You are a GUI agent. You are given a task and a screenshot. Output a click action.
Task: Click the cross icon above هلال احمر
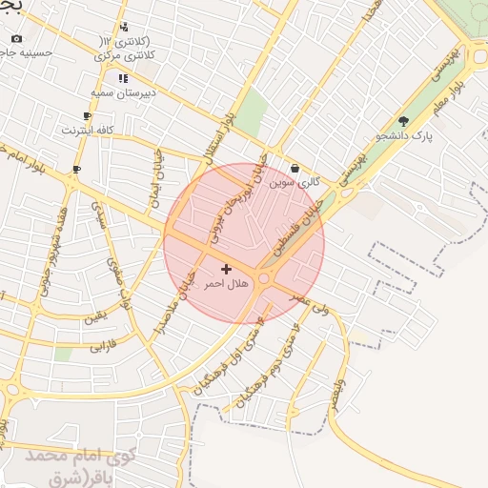(x=226, y=270)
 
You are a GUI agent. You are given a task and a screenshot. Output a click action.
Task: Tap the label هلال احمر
(x=226, y=284)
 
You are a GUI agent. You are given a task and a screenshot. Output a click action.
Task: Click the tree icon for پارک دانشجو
(x=404, y=121)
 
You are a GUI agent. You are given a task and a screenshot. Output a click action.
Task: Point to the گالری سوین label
(x=294, y=181)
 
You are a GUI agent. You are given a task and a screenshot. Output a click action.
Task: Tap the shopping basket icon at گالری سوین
(x=295, y=168)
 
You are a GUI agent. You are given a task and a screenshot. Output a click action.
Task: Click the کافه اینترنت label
(x=88, y=129)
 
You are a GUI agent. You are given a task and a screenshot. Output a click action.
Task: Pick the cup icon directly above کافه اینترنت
(x=88, y=115)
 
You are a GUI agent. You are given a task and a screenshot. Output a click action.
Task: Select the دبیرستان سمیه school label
(x=122, y=92)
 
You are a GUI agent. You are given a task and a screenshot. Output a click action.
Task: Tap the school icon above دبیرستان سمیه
(x=122, y=78)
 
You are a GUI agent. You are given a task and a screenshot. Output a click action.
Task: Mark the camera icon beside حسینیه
(x=16, y=39)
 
